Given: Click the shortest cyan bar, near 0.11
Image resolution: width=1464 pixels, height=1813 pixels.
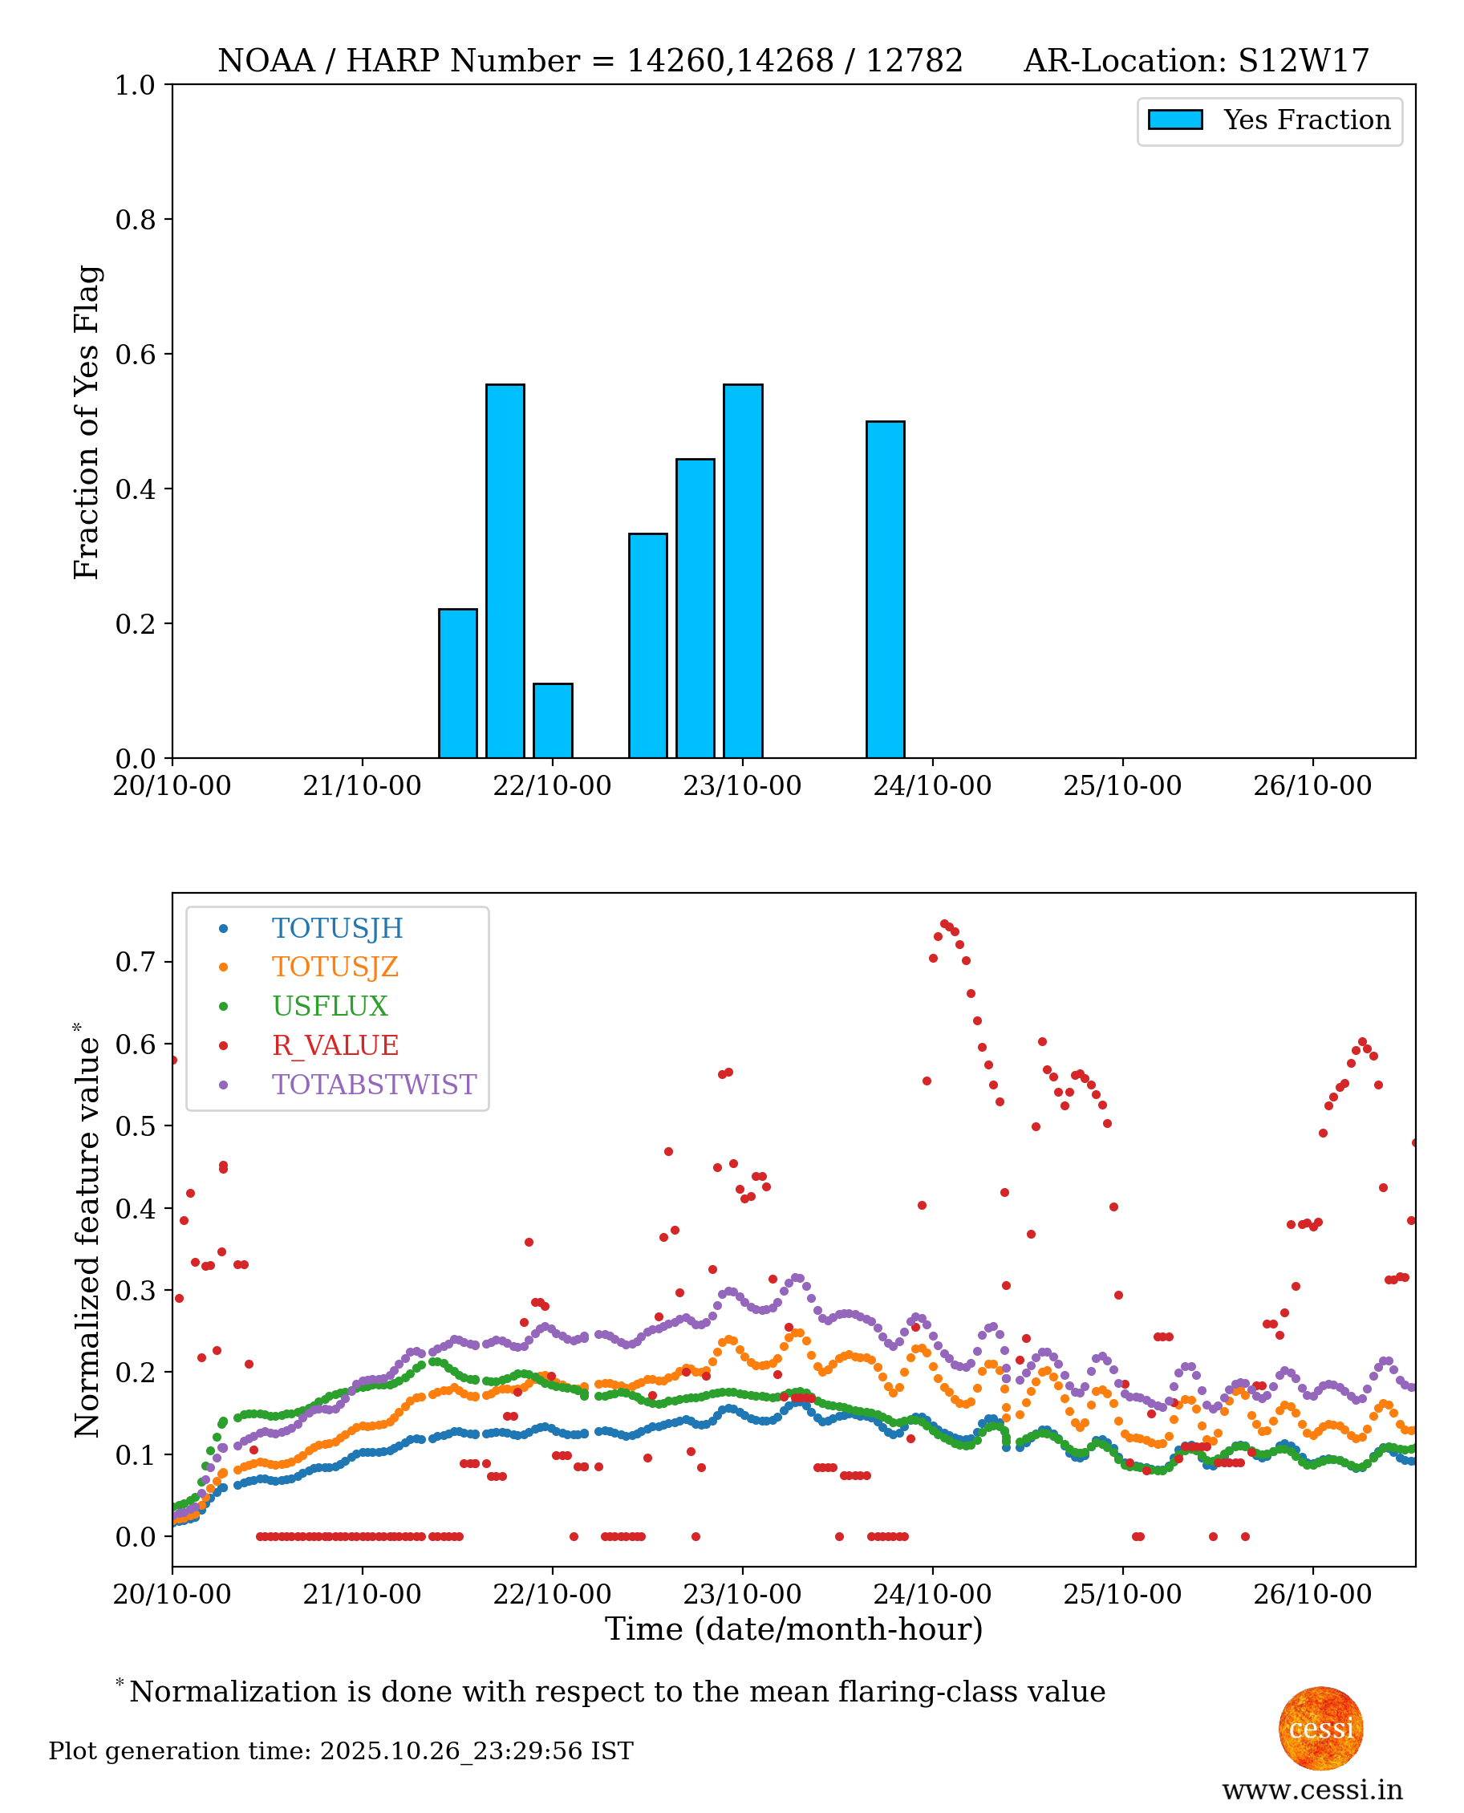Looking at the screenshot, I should [x=553, y=720].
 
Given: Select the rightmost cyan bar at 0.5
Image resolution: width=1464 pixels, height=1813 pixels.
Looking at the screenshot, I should [x=886, y=590].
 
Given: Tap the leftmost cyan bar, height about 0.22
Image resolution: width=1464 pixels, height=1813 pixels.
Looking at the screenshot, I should [x=458, y=683].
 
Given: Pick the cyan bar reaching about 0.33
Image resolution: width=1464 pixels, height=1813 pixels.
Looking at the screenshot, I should [x=647, y=646].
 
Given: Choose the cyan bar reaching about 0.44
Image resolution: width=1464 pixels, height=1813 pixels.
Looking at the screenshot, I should [x=695, y=608].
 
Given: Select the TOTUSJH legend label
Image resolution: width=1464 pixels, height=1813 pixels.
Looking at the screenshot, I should [x=338, y=928].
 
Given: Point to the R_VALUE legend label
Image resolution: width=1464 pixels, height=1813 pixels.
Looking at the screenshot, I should [x=335, y=1045].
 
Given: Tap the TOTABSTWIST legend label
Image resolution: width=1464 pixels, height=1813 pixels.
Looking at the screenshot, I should [x=374, y=1085].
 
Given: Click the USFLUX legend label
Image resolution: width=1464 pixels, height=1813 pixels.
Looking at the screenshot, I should [x=330, y=1006].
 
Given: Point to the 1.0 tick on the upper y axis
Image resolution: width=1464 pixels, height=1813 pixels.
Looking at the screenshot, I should [x=135, y=85].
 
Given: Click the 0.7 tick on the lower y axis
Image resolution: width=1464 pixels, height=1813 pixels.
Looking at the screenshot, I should [x=135, y=962].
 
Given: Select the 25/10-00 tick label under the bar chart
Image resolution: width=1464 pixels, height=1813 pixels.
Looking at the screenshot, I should [x=1121, y=786].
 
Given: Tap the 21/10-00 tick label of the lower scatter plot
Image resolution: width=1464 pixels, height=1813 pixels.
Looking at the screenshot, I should [x=362, y=1595].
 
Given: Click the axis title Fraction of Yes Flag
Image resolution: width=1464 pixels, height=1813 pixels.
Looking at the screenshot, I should [x=86, y=422].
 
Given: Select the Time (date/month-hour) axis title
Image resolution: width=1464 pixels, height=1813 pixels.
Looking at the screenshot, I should [x=793, y=1629].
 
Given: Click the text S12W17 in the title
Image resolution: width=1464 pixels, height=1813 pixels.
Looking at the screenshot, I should [x=1303, y=61].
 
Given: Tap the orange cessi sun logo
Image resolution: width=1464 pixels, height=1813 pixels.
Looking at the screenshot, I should [x=1320, y=1729].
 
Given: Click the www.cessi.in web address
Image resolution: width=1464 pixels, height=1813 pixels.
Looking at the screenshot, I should [x=1312, y=1790].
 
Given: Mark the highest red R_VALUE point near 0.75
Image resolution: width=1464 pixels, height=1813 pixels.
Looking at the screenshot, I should [x=944, y=924].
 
